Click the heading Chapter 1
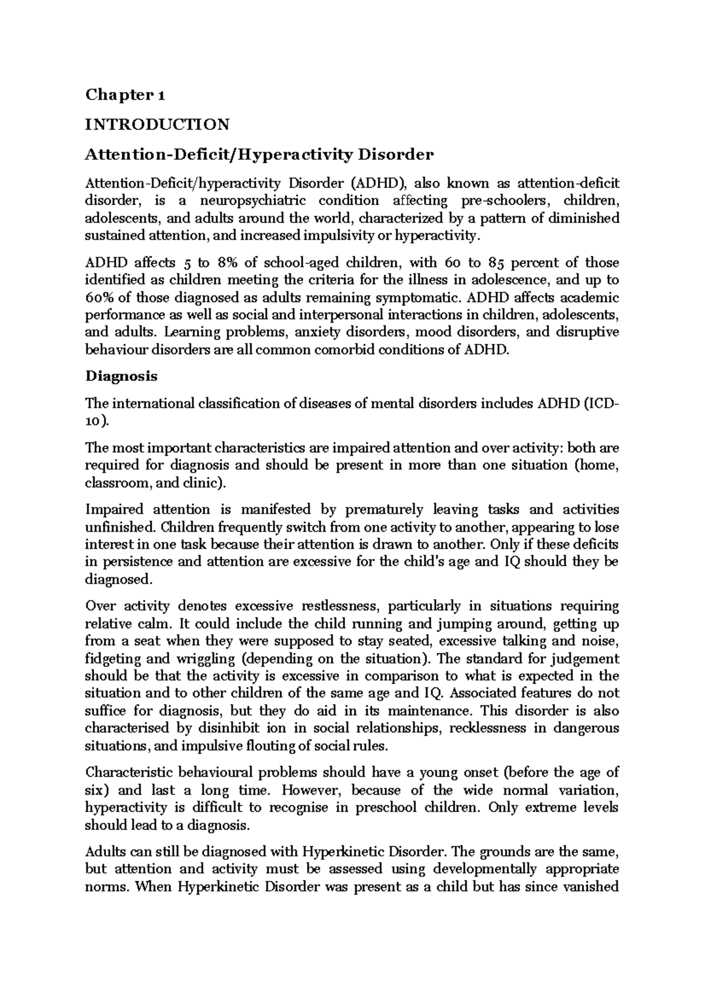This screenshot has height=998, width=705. tap(125, 95)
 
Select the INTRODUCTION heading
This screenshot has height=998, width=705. tap(157, 125)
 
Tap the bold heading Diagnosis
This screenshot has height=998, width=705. tap(122, 376)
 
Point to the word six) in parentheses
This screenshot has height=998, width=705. tap(98, 790)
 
